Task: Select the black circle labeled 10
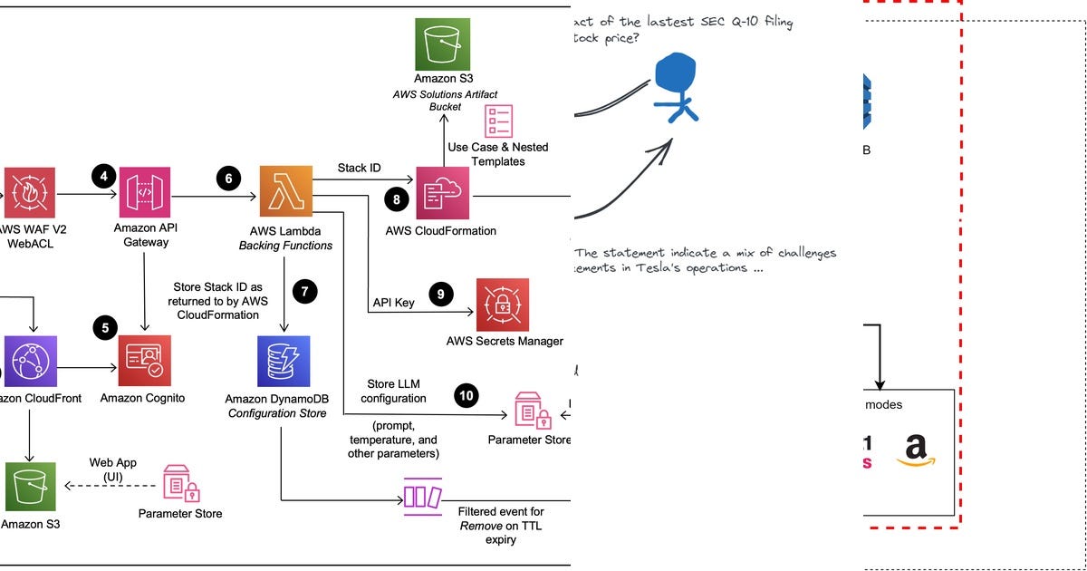click(x=467, y=394)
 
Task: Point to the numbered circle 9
click(x=440, y=293)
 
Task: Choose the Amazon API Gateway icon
click(x=145, y=192)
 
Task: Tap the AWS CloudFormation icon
click(x=441, y=192)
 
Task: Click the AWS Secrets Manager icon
click(x=503, y=305)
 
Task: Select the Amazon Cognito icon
click(x=144, y=362)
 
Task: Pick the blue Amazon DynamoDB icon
click(x=284, y=362)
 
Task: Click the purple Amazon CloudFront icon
click(x=30, y=362)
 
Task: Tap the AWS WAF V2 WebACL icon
click(x=29, y=192)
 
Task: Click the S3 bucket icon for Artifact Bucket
click(x=441, y=44)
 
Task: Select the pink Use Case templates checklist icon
click(x=498, y=121)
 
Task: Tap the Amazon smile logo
click(x=916, y=450)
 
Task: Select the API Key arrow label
click(x=393, y=302)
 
